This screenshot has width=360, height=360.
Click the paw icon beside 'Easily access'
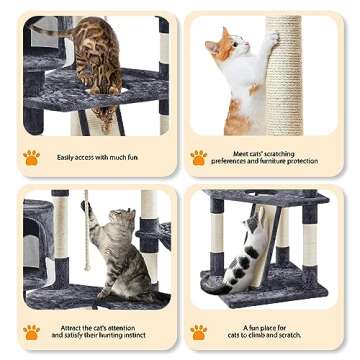tap(32, 157)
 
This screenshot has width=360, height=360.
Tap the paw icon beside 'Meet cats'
tap(199, 157)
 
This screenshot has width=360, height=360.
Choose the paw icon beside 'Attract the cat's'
tap(32, 331)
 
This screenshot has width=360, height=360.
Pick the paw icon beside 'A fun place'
tap(199, 331)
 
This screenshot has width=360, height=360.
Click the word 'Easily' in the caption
tap(69, 157)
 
